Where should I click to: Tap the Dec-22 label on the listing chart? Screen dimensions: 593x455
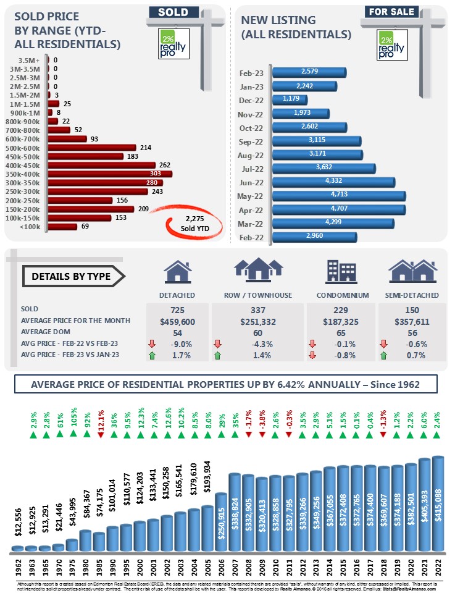point(251,99)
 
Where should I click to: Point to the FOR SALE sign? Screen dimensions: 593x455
point(391,11)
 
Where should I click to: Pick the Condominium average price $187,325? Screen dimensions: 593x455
point(338,321)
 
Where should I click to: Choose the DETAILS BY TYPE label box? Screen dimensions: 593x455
point(71,276)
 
